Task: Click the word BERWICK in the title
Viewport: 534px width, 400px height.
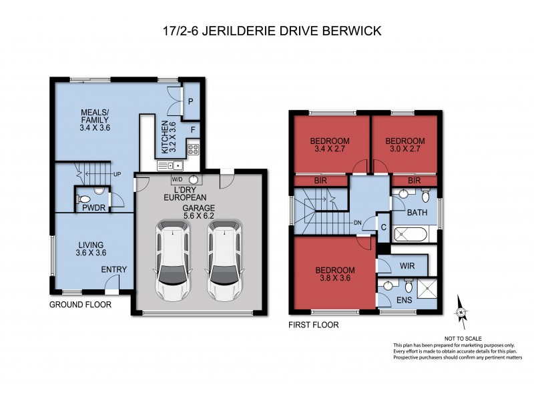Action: pos(351,30)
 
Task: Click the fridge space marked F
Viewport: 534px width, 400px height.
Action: pos(192,129)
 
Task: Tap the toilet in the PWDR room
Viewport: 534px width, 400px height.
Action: pos(85,198)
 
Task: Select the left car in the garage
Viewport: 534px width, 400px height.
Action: pos(172,260)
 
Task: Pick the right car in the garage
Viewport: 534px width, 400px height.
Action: pos(223,260)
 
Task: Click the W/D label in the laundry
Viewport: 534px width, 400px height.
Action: pos(177,179)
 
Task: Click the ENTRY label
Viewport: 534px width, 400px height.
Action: pos(113,269)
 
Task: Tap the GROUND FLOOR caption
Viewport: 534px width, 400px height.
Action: pos(80,305)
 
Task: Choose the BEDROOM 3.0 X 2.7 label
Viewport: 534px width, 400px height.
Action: pos(405,145)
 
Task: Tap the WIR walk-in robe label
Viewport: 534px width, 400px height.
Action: pos(407,265)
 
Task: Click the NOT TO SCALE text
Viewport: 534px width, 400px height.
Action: pos(460,339)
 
